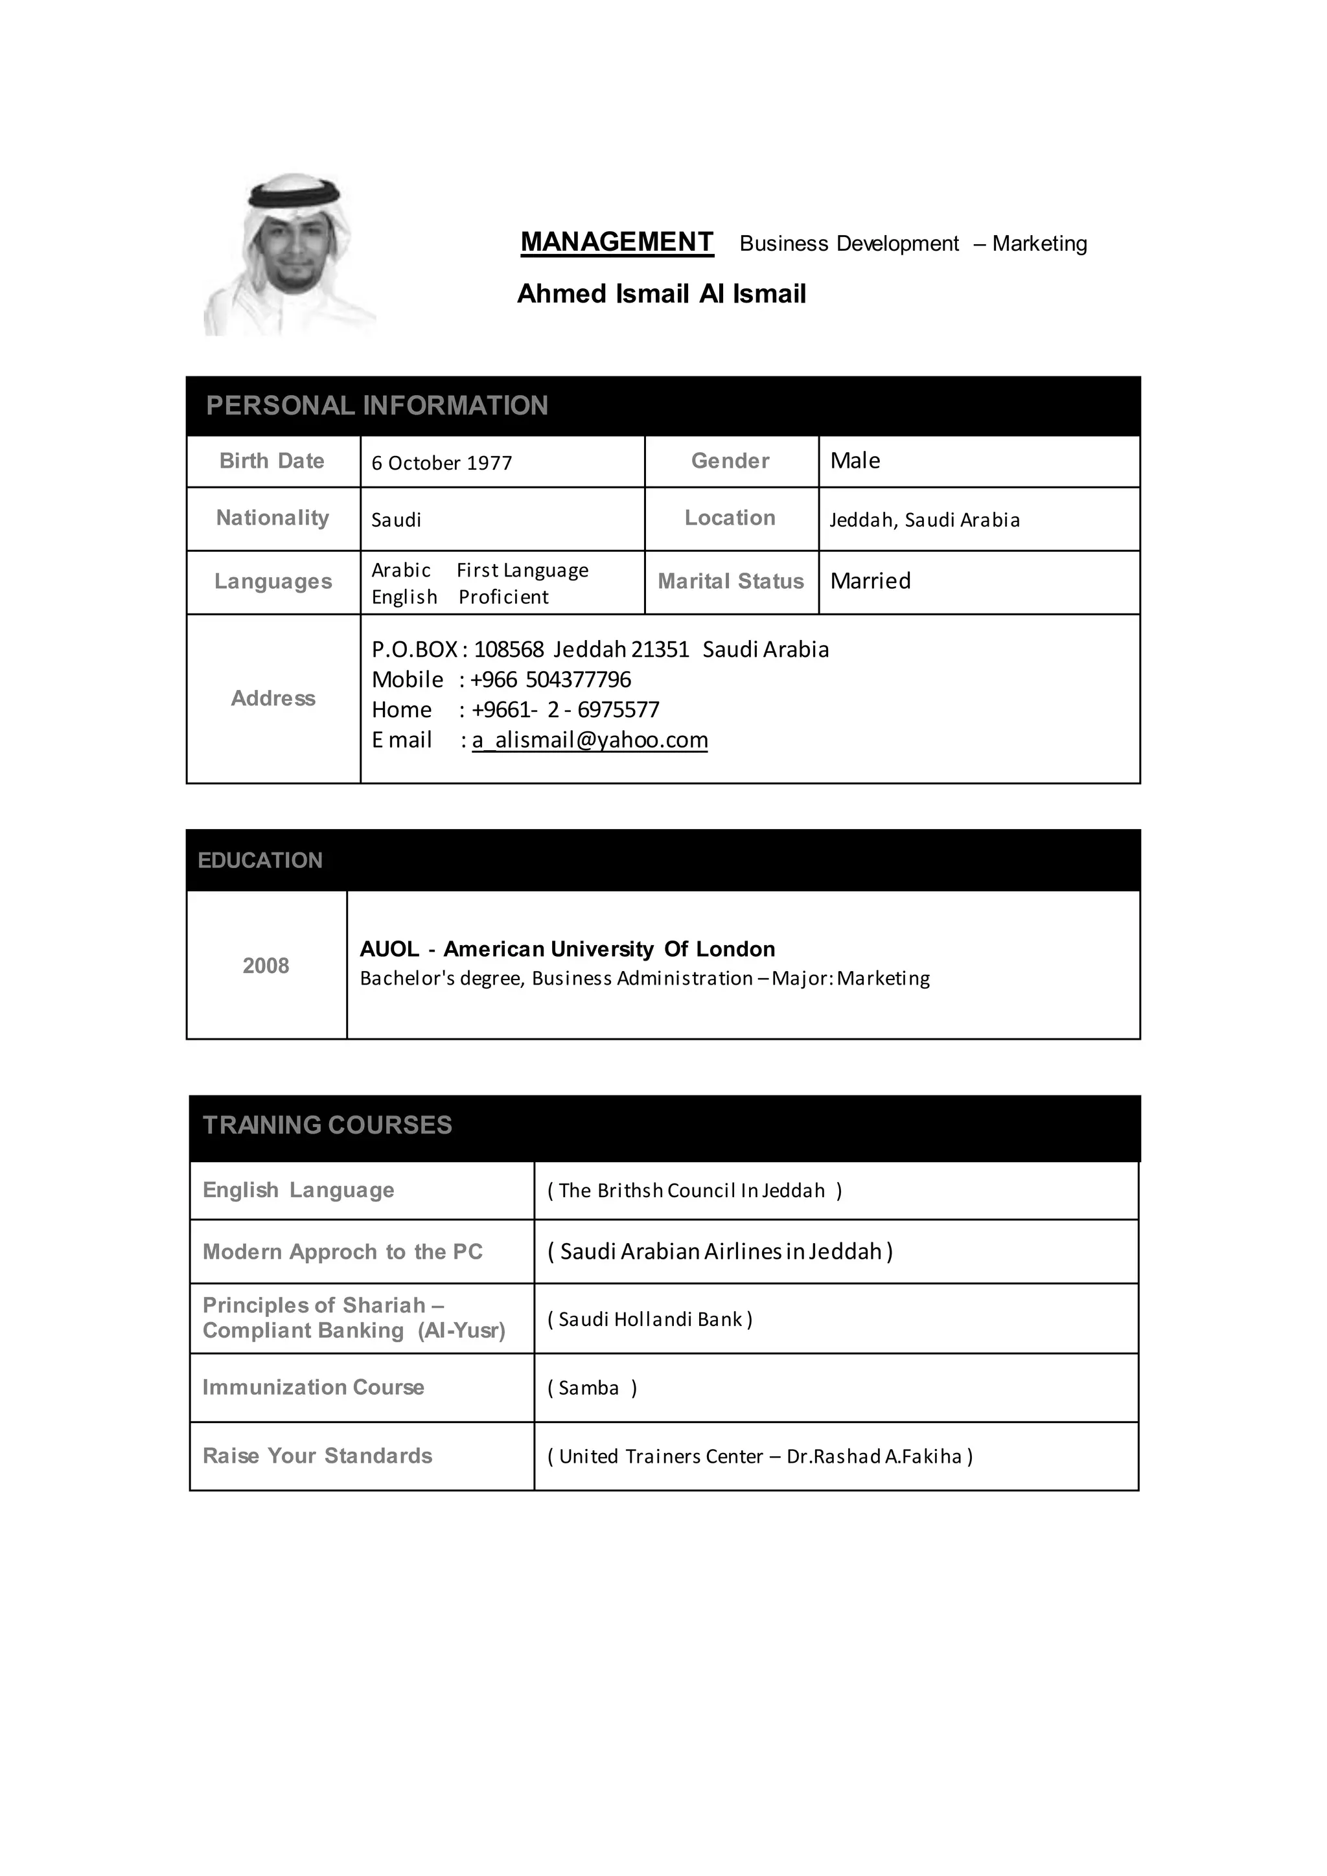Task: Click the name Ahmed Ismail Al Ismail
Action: click(x=661, y=293)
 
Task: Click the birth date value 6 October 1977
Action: click(x=441, y=463)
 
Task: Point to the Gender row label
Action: click(x=730, y=461)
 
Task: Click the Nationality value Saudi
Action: click(x=397, y=520)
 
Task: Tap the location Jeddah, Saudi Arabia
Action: click(x=924, y=520)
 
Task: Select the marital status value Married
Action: click(x=870, y=581)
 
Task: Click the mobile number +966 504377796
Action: click(x=551, y=680)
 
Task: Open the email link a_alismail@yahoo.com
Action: click(x=590, y=740)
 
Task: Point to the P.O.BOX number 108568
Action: click(x=508, y=650)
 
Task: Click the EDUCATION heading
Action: click(x=260, y=860)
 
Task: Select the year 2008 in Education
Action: click(x=266, y=966)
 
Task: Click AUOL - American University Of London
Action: click(x=567, y=950)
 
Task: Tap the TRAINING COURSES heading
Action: click(x=327, y=1125)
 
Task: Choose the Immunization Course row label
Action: click(x=313, y=1388)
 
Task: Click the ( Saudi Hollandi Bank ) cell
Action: click(x=650, y=1320)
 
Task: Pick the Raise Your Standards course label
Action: click(x=317, y=1456)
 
